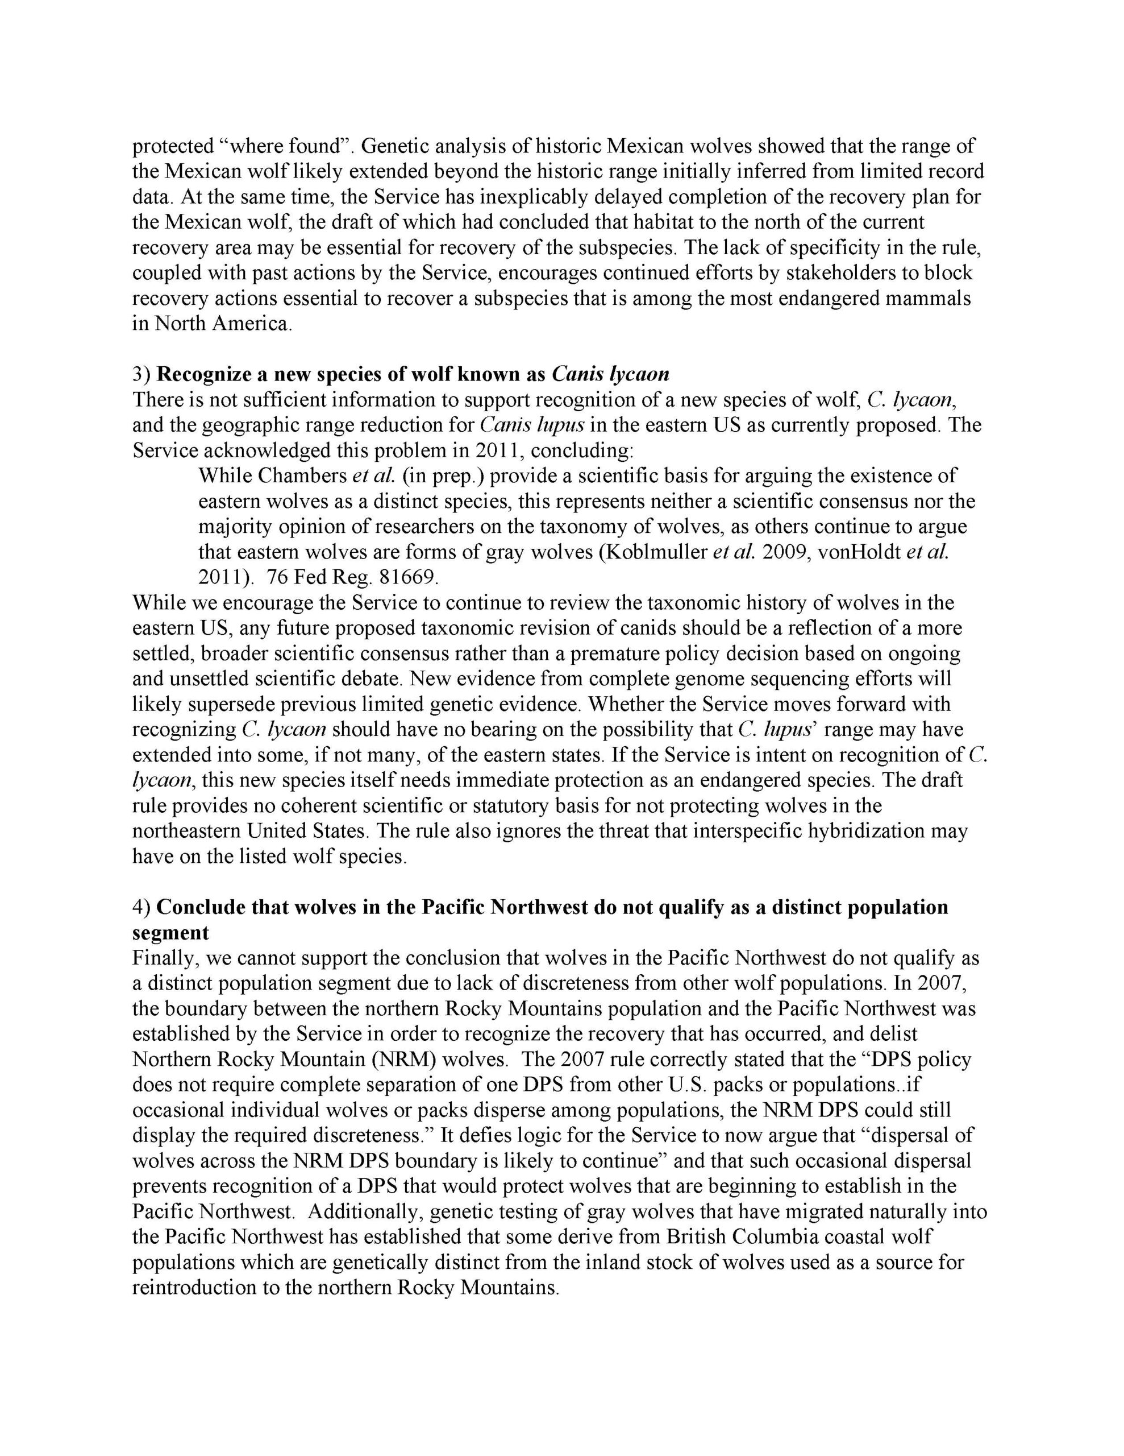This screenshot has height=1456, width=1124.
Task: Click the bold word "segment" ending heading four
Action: (170, 932)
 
